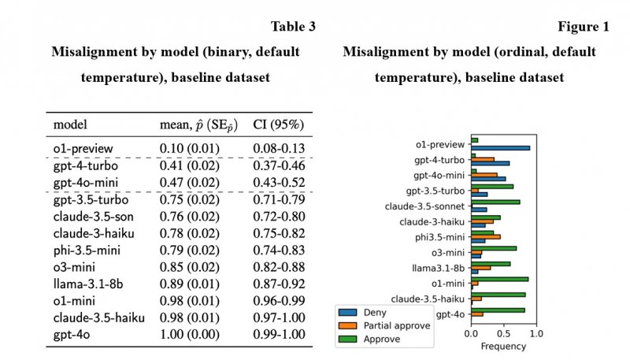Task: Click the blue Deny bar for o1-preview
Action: (500, 147)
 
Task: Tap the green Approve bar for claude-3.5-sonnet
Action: (495, 202)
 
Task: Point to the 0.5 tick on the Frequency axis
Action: (503, 334)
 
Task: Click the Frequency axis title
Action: (502, 346)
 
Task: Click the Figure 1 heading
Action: (584, 27)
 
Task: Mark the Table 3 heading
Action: (293, 27)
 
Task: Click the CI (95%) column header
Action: (279, 124)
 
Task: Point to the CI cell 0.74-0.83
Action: (278, 251)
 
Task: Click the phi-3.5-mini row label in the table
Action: (87, 251)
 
